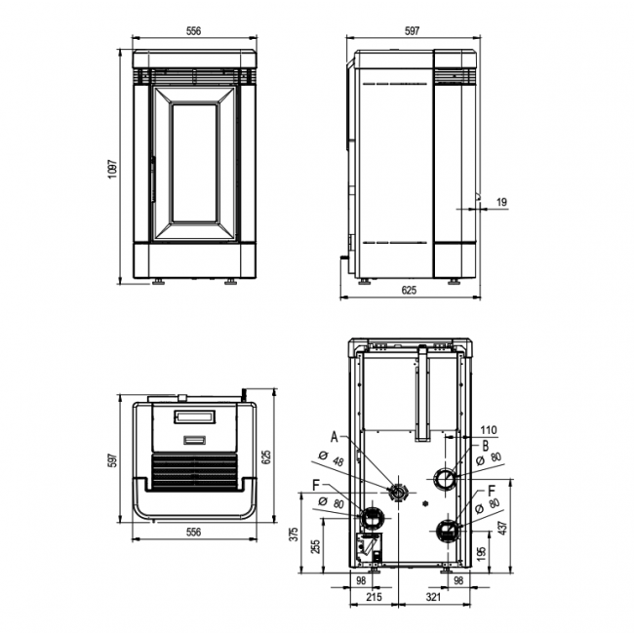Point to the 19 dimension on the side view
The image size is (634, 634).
tap(501, 202)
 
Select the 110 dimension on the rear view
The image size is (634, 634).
tap(489, 429)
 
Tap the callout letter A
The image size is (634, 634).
tap(335, 436)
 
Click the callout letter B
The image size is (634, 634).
tap(484, 446)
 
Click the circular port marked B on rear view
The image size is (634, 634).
tap(445, 479)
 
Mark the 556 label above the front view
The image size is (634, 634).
tap(193, 31)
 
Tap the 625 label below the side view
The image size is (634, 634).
tap(409, 291)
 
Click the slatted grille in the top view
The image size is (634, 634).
tap(195, 472)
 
